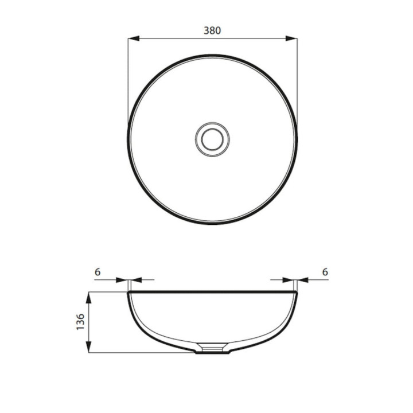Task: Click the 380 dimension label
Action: click(212, 30)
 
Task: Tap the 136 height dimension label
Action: click(80, 322)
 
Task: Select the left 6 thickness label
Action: click(98, 272)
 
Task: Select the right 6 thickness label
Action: click(325, 272)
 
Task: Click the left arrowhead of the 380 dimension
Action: click(134, 38)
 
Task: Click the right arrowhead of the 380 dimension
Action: click(291, 38)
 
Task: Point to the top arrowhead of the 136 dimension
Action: click(89, 298)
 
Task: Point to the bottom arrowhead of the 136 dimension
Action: click(89, 346)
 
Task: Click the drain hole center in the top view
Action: click(212, 139)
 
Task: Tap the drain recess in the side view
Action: click(212, 348)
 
